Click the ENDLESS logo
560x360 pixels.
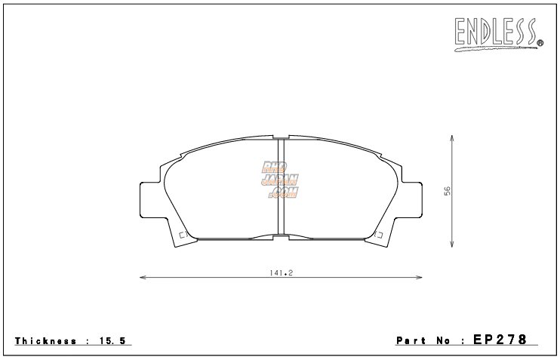click(497, 32)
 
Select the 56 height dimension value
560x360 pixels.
click(447, 192)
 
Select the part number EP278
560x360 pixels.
click(500, 340)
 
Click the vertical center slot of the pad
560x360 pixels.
click(280, 189)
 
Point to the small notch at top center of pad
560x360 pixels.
click(280, 138)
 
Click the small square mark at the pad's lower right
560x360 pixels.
click(379, 235)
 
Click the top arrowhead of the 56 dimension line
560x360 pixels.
click(451, 139)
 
